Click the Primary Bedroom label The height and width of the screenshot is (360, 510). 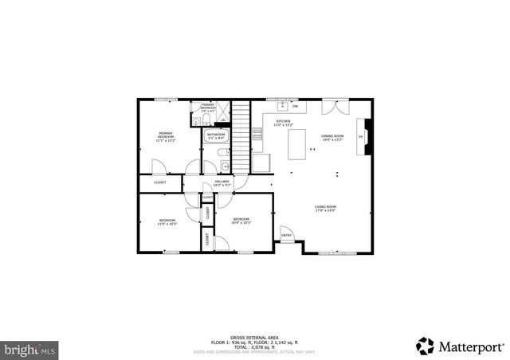166,136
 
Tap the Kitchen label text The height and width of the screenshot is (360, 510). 284,123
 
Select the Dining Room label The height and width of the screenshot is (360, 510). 332,137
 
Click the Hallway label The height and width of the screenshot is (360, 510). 222,182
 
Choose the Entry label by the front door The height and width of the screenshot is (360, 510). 286,235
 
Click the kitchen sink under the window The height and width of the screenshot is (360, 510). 281,105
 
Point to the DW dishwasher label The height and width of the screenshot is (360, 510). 295,106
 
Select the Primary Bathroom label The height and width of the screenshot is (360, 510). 208,106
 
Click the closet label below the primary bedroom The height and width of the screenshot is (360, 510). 160,182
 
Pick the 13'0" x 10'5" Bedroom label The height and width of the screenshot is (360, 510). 167,222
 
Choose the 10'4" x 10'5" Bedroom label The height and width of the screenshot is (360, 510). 241,221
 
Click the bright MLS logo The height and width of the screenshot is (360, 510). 30,349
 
